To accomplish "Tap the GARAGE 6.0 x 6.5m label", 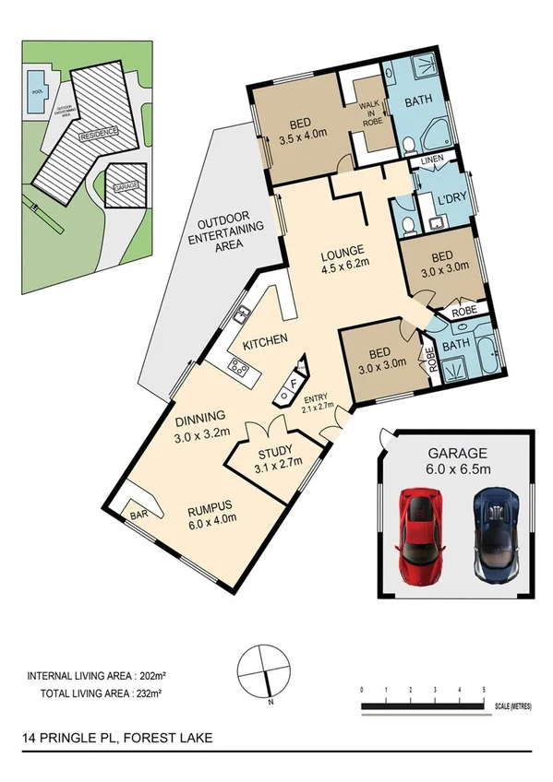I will click(x=457, y=461).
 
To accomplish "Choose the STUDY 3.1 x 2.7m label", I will click(x=272, y=458).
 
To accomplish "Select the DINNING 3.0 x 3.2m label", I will click(x=206, y=431).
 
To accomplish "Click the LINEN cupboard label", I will click(x=431, y=161).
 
